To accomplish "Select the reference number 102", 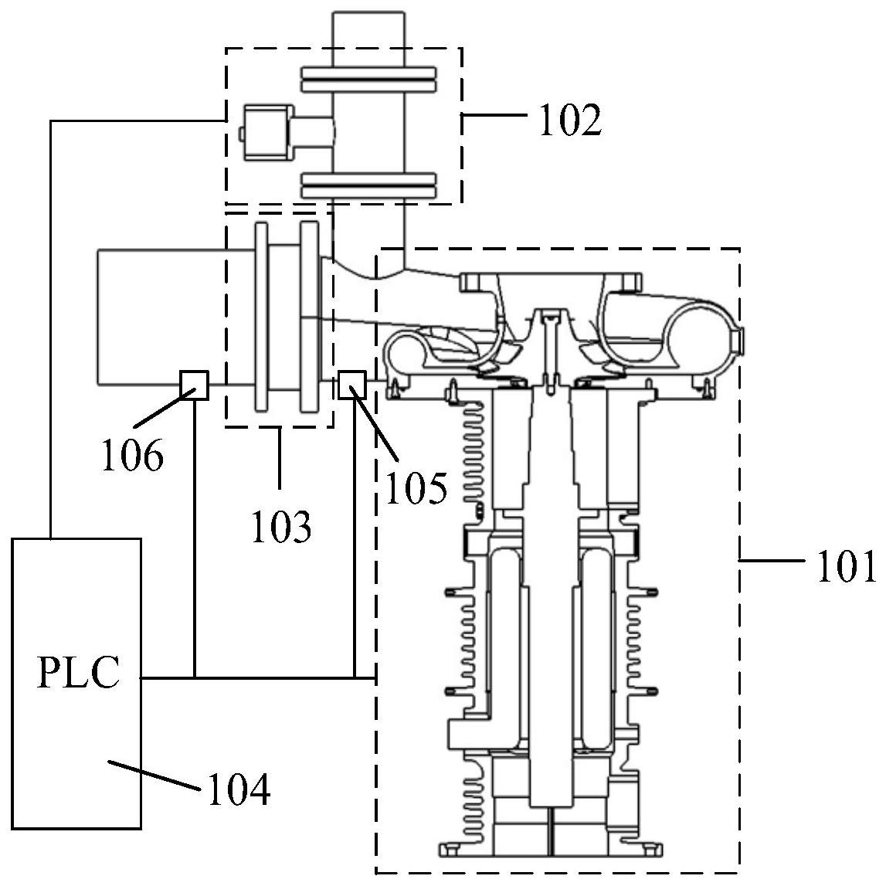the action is click(x=570, y=120).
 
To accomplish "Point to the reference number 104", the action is click(x=239, y=789).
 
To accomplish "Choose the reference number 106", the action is click(x=133, y=455).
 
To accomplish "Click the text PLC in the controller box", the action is click(x=79, y=672).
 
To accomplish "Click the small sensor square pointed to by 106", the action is click(x=194, y=385).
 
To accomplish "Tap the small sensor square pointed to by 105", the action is click(x=352, y=384).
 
